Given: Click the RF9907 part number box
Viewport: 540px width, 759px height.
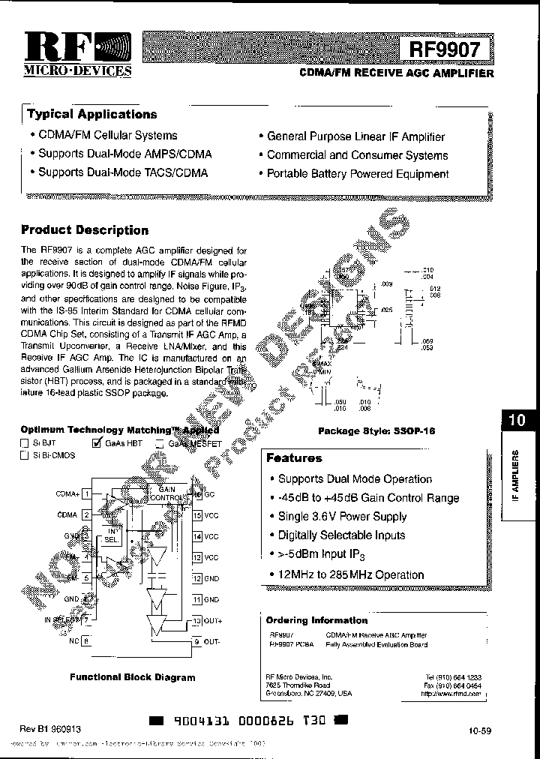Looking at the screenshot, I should click(x=448, y=50).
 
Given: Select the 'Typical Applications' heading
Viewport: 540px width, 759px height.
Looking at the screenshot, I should click(x=92, y=115).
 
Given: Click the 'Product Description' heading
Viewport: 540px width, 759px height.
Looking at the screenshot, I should click(x=85, y=230).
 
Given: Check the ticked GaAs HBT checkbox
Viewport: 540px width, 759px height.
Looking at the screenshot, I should click(x=96, y=443).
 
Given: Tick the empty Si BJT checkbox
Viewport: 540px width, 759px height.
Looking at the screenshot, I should click(x=25, y=443).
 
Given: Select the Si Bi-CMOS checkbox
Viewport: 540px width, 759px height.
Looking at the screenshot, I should click(x=25, y=456).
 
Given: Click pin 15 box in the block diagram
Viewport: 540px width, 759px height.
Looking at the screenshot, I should click(x=197, y=515).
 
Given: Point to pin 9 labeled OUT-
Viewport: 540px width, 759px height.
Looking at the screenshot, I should click(x=197, y=642).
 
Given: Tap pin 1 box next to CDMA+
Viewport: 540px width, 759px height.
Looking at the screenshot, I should click(x=87, y=494).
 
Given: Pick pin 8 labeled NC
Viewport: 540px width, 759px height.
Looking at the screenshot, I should click(x=87, y=641).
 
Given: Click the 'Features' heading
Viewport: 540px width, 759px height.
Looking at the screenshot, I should click(x=294, y=458).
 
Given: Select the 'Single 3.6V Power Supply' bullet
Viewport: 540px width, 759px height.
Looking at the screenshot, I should click(x=342, y=517).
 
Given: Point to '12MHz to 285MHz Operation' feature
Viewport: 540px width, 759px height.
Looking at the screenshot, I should click(x=351, y=574).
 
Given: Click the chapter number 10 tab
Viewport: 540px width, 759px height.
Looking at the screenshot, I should click(x=517, y=420).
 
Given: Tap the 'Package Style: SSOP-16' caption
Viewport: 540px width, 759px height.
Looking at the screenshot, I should click(x=376, y=431).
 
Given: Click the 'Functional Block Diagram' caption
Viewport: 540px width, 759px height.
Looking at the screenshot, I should click(x=133, y=676).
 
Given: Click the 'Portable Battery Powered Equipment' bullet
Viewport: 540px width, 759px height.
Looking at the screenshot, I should click(x=358, y=174).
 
